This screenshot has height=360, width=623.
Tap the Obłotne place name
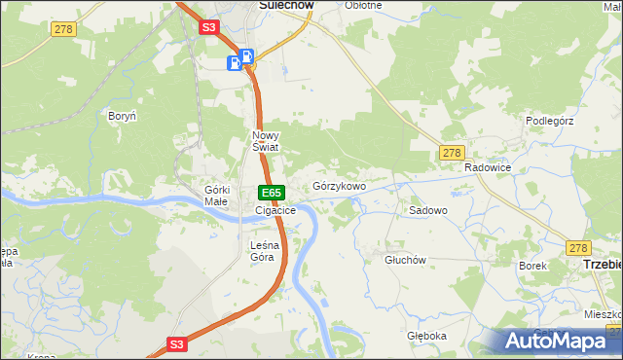(x=364, y=5)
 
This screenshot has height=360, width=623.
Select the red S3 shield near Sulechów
(x=208, y=28)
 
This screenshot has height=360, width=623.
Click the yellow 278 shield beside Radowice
(x=451, y=153)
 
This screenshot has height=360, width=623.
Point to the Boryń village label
(x=122, y=115)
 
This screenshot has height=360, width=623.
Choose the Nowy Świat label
(x=265, y=141)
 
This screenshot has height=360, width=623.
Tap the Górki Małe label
(x=216, y=195)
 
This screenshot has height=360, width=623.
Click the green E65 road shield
(x=272, y=193)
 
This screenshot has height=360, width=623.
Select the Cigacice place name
(x=275, y=210)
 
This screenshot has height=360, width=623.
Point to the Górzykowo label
(x=339, y=186)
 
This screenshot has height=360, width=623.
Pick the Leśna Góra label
(x=263, y=251)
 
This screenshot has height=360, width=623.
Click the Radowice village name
(x=488, y=167)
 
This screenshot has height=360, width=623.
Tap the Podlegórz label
(x=551, y=120)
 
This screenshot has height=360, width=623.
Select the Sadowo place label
(x=427, y=210)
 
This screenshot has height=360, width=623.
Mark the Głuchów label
(x=405, y=260)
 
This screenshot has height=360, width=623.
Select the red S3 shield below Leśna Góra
(x=176, y=343)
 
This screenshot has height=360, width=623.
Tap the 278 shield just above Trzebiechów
(x=579, y=248)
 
